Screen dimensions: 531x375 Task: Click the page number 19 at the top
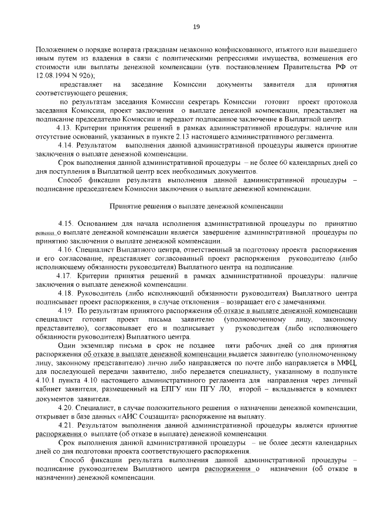tap(197, 26)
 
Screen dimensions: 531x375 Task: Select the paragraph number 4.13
tap(63, 127)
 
